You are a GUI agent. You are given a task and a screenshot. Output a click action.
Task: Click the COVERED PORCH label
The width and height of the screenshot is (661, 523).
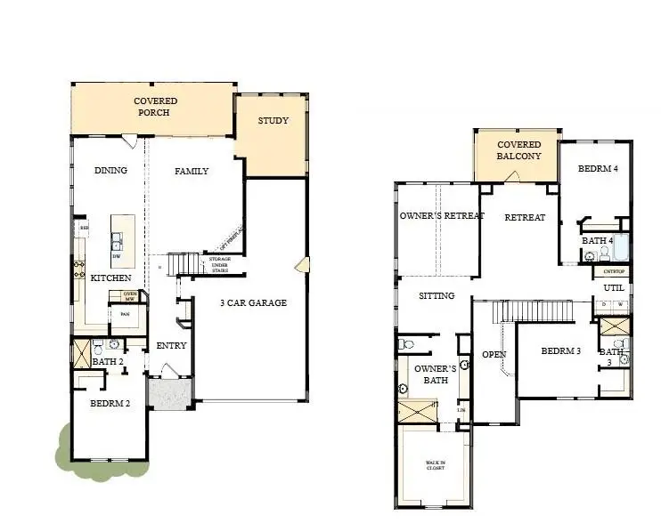[x=156, y=108]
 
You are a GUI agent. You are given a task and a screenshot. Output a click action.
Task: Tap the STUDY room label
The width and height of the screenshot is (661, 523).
[x=273, y=121]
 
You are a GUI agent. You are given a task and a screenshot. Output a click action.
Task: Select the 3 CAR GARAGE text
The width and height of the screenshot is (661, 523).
[x=254, y=303]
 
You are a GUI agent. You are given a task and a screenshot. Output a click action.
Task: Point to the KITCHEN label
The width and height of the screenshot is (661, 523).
[x=111, y=278]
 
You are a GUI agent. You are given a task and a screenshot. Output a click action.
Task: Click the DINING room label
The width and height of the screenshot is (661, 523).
[x=110, y=171]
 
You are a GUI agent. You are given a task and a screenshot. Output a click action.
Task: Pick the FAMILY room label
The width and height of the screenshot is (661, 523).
[x=192, y=171]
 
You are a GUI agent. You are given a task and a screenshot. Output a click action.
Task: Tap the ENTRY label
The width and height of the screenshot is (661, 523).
[x=171, y=345]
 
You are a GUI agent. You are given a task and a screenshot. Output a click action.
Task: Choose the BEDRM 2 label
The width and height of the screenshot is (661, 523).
[x=111, y=403]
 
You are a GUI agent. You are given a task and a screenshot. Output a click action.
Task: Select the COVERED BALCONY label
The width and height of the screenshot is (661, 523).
[x=518, y=150]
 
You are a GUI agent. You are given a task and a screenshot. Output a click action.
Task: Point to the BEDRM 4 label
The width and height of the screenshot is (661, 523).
[x=598, y=169]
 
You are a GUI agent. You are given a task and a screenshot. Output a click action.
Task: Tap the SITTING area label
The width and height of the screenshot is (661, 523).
[x=437, y=296]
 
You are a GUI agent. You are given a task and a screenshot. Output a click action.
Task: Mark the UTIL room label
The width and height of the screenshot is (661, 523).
[x=614, y=288]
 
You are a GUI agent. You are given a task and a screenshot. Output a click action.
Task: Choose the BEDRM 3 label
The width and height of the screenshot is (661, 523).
[x=561, y=351]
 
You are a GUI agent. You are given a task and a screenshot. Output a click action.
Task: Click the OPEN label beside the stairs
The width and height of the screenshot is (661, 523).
[x=494, y=354]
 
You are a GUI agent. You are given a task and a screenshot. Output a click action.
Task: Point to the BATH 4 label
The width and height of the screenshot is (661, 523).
[x=598, y=240]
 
